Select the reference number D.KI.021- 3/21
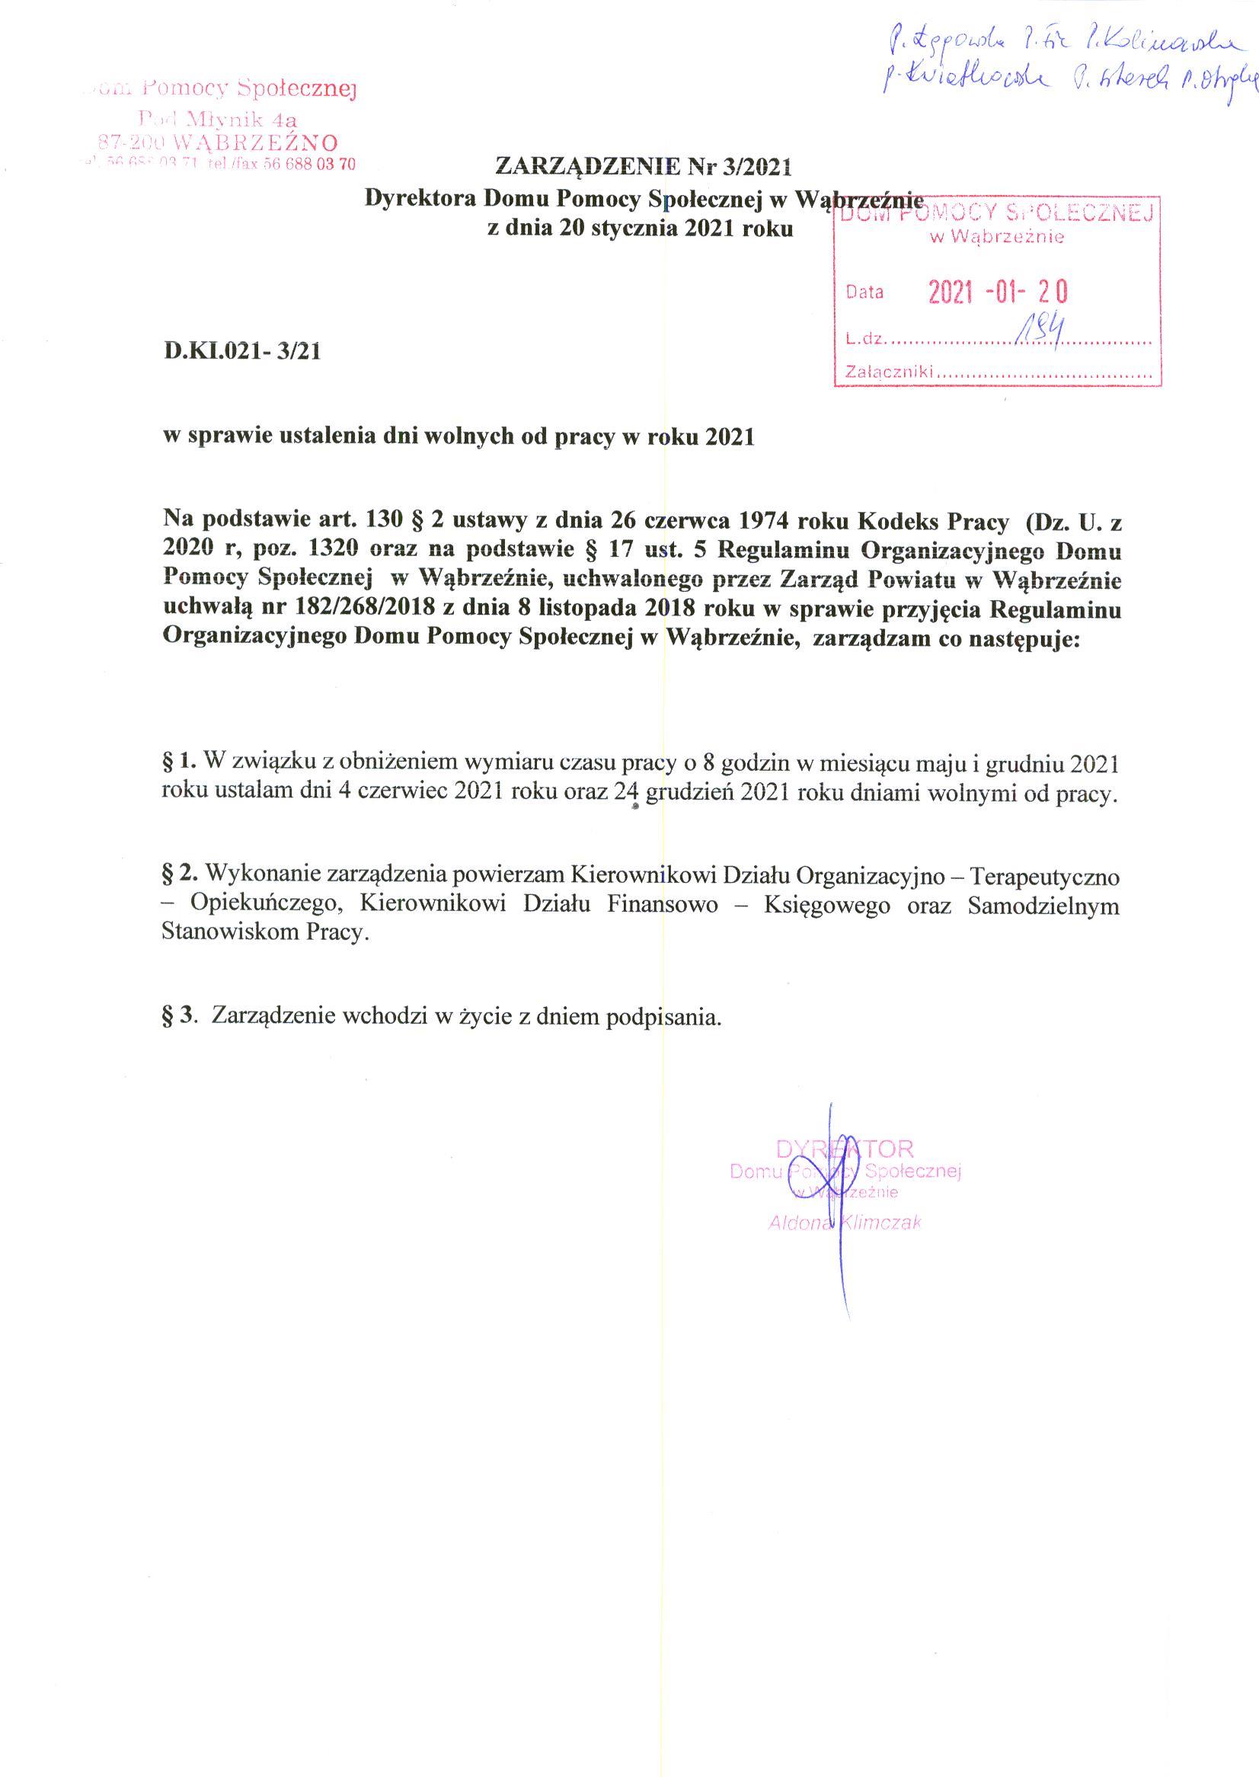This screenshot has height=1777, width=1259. click(x=241, y=352)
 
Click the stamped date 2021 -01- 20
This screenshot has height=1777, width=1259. click(x=999, y=292)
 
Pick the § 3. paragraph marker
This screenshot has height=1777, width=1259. click(x=177, y=1015)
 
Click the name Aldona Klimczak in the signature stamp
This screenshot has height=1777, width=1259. click(x=844, y=1223)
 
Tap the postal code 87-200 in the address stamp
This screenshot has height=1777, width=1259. click(x=126, y=142)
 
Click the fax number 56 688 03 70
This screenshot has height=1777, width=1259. click(x=310, y=165)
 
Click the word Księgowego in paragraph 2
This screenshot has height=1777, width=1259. click(x=826, y=905)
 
